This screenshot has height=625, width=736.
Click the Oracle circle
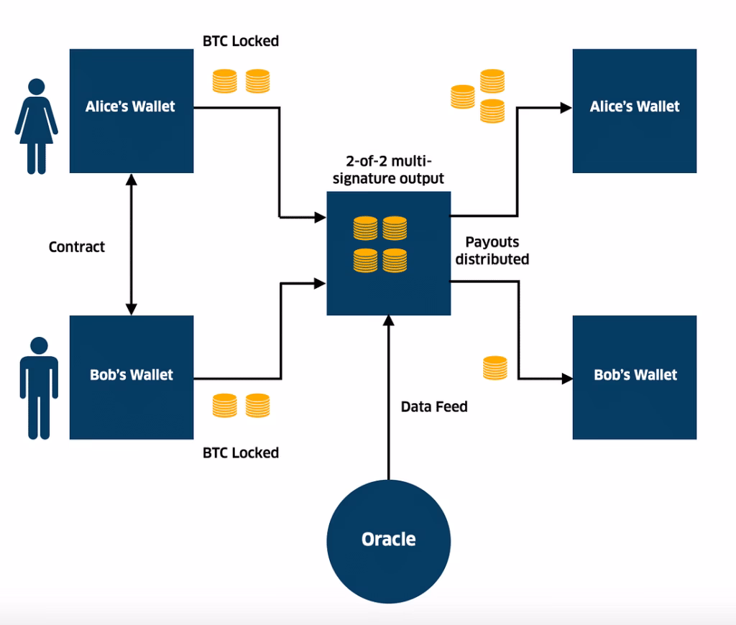pos(388,540)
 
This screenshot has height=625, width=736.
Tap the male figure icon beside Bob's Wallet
pos(34,388)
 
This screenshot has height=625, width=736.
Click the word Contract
pos(77,246)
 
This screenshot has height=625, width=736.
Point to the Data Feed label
pos(434,407)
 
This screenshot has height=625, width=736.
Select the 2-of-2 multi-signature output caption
pos(388,170)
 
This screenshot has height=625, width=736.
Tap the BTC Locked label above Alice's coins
pos(241,41)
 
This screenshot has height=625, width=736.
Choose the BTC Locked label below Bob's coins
pos(241,453)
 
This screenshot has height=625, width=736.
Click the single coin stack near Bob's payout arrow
pos(494,368)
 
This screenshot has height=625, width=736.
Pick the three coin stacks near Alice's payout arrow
pos(479,96)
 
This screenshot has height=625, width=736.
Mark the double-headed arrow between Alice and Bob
pos(131,244)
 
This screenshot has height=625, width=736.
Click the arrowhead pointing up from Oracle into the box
pos(388,321)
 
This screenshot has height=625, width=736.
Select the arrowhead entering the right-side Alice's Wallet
pos(565,107)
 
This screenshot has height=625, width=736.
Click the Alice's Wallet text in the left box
pos(130,106)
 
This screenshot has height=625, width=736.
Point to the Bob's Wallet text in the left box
pos(132,374)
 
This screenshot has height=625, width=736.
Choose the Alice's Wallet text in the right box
pos(635,106)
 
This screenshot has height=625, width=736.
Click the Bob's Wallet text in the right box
pos(635,374)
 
